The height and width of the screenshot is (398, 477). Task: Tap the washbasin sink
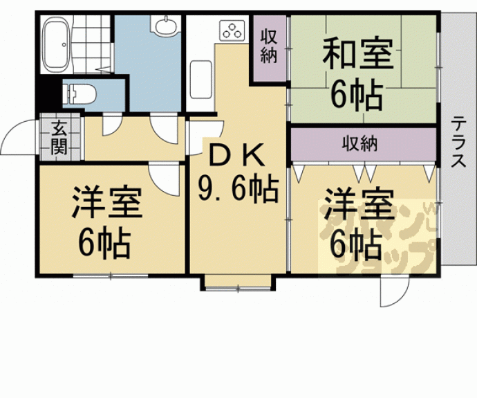166,25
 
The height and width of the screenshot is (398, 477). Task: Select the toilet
79,94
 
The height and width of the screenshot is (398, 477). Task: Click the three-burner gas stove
233,30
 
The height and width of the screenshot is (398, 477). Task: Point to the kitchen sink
200,79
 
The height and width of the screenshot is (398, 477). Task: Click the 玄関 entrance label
59,137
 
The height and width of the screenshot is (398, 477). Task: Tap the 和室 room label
358,53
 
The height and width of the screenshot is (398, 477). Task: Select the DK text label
237,155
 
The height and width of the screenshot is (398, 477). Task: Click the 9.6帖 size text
238,189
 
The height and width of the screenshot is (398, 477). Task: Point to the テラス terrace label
458,142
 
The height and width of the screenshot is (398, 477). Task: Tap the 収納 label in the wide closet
359,143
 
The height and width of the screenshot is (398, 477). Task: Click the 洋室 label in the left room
107,203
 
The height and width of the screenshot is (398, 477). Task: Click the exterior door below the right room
394,291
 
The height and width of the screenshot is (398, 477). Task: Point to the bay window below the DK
238,283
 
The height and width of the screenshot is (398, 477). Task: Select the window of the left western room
111,276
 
